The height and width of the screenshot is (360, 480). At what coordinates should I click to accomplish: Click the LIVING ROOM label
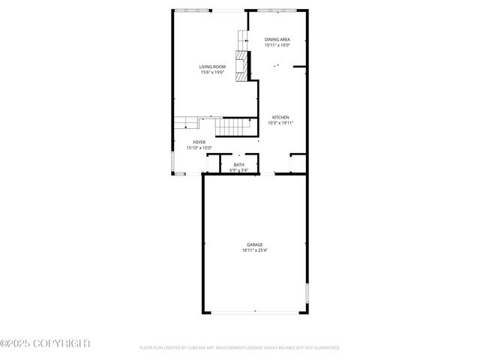pyautogui.click(x=212, y=67)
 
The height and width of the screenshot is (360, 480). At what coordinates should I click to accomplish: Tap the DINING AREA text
pyautogui.click(x=277, y=39)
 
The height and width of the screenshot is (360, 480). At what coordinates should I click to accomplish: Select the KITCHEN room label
pyautogui.click(x=280, y=117)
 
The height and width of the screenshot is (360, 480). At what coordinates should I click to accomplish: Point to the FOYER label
pyautogui.click(x=199, y=142)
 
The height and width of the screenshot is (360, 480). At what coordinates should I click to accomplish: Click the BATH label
pyautogui.click(x=238, y=165)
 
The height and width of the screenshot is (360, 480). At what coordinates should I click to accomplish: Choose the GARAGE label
pyautogui.click(x=255, y=245)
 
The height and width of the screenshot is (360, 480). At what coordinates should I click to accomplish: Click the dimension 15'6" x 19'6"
pyautogui.click(x=212, y=73)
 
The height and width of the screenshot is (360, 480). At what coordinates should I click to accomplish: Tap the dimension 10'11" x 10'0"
pyautogui.click(x=277, y=45)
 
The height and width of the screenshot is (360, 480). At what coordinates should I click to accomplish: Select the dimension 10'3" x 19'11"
pyautogui.click(x=280, y=123)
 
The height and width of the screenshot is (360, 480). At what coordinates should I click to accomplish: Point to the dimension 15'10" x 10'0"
pyautogui.click(x=199, y=148)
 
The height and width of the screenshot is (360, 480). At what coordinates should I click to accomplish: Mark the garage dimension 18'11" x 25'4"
pyautogui.click(x=255, y=251)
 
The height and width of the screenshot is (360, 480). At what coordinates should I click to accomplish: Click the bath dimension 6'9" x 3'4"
pyautogui.click(x=238, y=171)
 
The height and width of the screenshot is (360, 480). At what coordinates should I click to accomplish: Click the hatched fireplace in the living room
pyautogui.click(x=241, y=65)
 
